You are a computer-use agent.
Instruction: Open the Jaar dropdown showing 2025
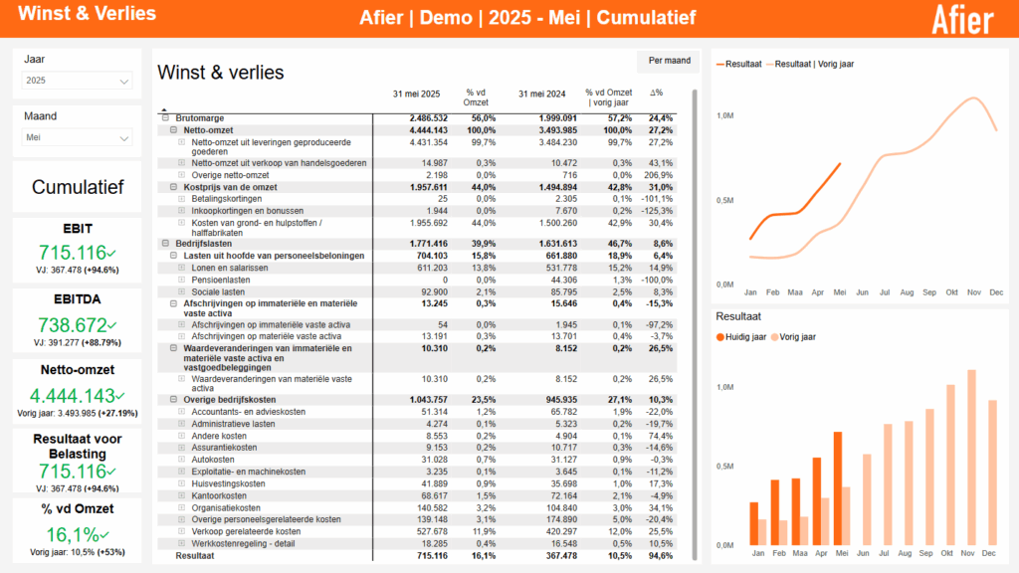78,81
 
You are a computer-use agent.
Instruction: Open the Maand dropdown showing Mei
78,138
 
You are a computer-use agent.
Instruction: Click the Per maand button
669,61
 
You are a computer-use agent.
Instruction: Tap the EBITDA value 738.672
73,324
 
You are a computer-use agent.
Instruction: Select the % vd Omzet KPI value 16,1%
73,535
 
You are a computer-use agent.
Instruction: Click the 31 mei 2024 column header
541,94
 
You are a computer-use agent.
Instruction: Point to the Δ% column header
657,94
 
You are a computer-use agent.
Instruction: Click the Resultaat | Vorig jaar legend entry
813,64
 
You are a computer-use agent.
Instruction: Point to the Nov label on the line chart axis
974,292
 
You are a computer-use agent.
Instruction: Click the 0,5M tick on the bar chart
725,467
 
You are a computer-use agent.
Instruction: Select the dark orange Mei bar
837,488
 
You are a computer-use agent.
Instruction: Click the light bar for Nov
971,458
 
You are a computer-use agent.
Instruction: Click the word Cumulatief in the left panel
78,187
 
